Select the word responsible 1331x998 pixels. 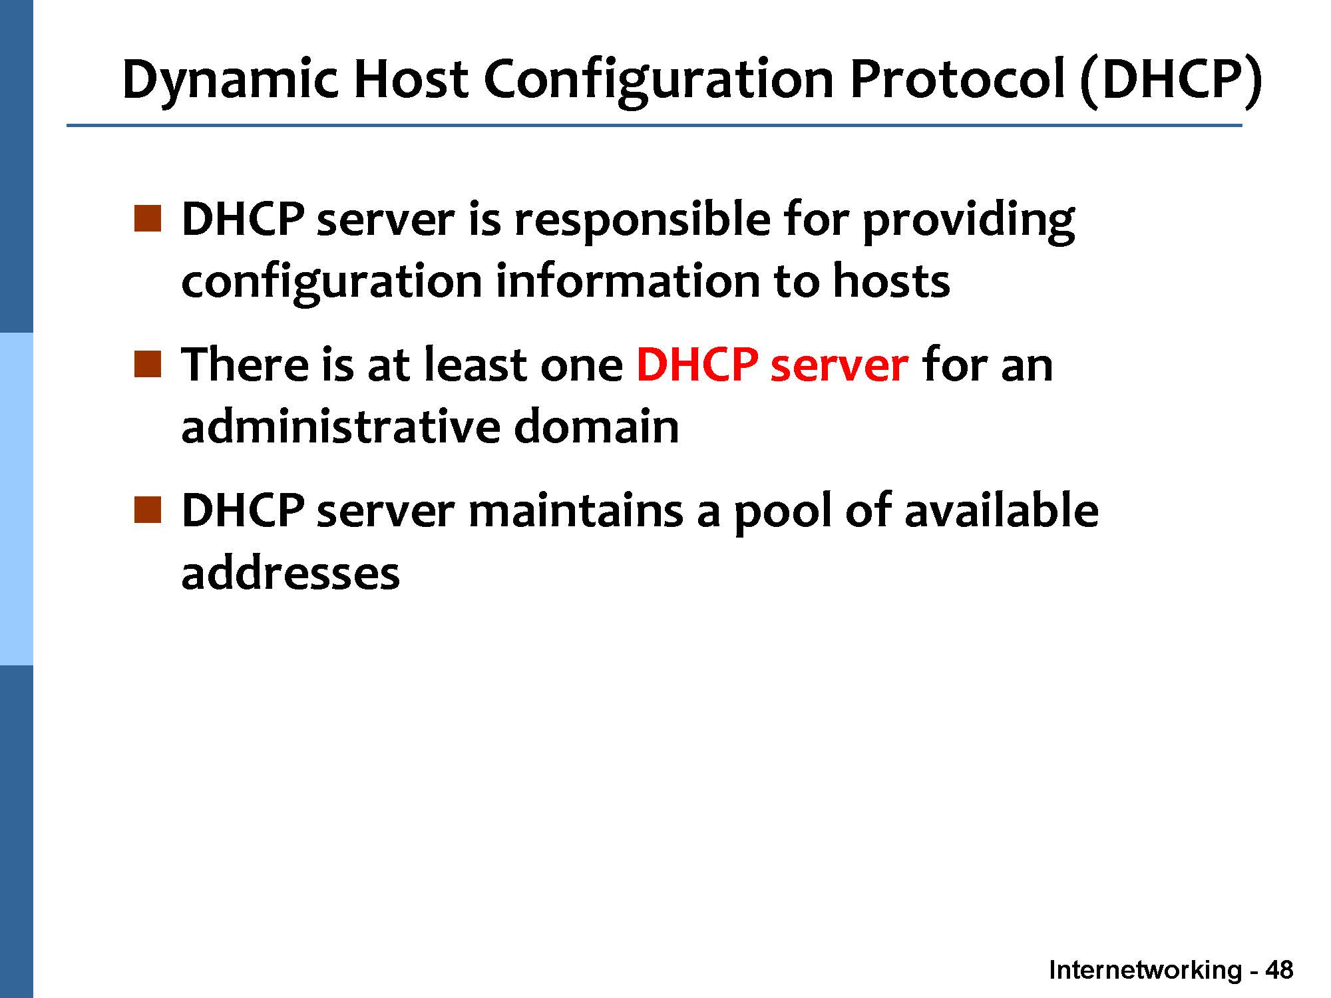coord(642,222)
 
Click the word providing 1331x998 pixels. coord(968,222)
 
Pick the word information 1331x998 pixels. coord(627,281)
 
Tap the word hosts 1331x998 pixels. coord(892,281)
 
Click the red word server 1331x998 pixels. coord(839,366)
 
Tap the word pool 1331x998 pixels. coord(783,514)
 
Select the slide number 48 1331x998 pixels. coord(1279,971)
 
